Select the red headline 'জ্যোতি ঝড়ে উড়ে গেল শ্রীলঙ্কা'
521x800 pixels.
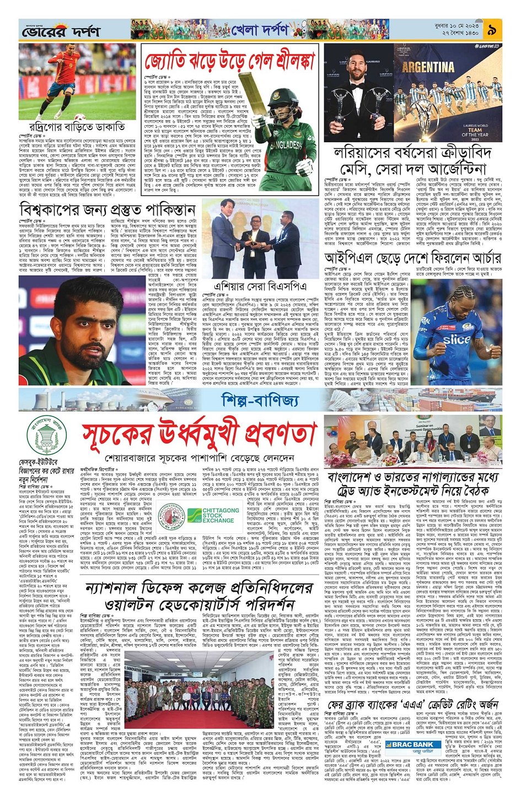tap(229, 60)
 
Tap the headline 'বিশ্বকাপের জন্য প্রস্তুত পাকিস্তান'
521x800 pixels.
tap(108, 210)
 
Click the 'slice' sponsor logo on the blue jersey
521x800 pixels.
tap(456, 339)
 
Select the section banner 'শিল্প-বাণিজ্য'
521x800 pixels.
tap(260, 400)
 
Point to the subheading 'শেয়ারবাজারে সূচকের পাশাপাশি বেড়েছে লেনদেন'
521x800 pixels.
tap(200, 458)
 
